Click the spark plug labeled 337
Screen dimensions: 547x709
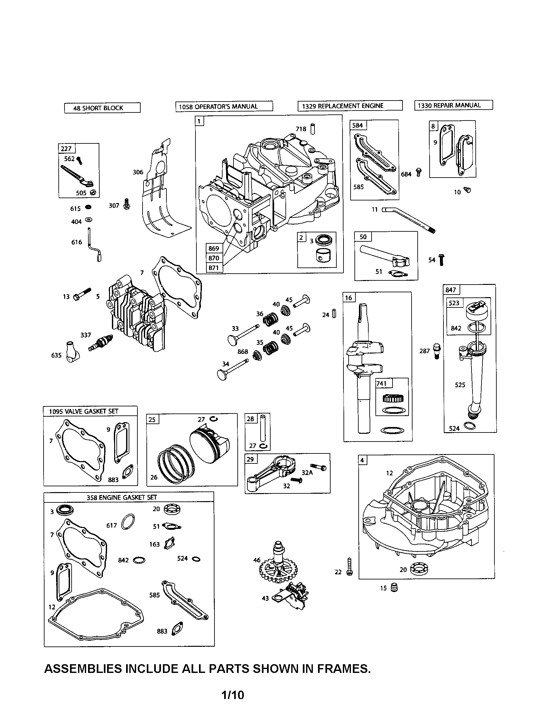(101, 343)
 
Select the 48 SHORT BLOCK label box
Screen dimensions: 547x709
(102, 108)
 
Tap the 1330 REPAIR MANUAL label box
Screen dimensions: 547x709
(453, 105)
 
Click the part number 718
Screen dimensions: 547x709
(301, 129)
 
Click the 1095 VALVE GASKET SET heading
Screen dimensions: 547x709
(84, 411)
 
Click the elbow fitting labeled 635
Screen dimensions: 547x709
(72, 352)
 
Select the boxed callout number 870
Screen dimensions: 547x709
(214, 258)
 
